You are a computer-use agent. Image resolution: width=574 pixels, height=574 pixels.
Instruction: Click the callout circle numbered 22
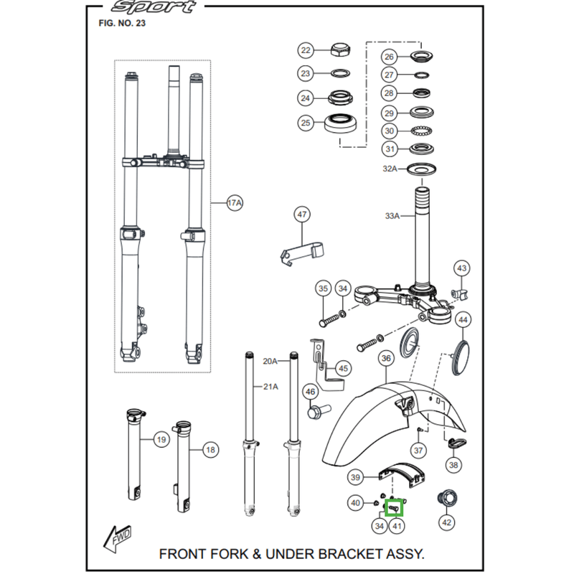pos(306,50)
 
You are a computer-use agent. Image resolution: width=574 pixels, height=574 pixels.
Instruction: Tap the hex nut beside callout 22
pos(340,51)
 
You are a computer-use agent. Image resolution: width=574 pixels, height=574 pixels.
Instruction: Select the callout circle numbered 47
pos(302,214)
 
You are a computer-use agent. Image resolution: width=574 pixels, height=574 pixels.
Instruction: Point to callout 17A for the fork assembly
pos(235,204)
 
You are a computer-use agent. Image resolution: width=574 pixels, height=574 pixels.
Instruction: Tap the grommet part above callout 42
pos(447,497)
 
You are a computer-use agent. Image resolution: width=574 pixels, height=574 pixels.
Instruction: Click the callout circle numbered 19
pos(160,439)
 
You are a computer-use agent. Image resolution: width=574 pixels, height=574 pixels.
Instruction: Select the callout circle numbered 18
pos(210,451)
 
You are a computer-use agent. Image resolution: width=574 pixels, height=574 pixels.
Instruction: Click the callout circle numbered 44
pos(463,319)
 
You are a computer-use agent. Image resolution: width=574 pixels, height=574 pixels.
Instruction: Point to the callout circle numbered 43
pos(461,268)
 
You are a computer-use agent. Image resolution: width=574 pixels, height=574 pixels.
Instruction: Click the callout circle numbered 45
pos(344,369)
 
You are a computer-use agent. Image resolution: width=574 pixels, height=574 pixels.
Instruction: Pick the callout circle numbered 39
pos(355,478)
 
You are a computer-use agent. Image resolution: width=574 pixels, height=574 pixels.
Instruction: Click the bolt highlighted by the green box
pos(394,508)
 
